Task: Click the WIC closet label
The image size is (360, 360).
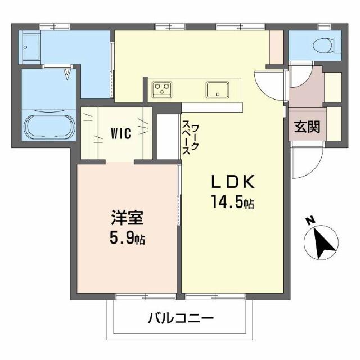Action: pos(120,133)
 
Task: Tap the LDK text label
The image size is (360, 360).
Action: pos(233,182)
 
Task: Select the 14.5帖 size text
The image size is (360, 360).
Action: pos(232,201)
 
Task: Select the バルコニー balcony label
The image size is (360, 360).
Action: pos(181,319)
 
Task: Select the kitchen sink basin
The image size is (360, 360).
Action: pos(217,89)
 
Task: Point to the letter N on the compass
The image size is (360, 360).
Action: pos(310,221)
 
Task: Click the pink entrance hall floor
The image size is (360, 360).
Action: pos(305,93)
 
